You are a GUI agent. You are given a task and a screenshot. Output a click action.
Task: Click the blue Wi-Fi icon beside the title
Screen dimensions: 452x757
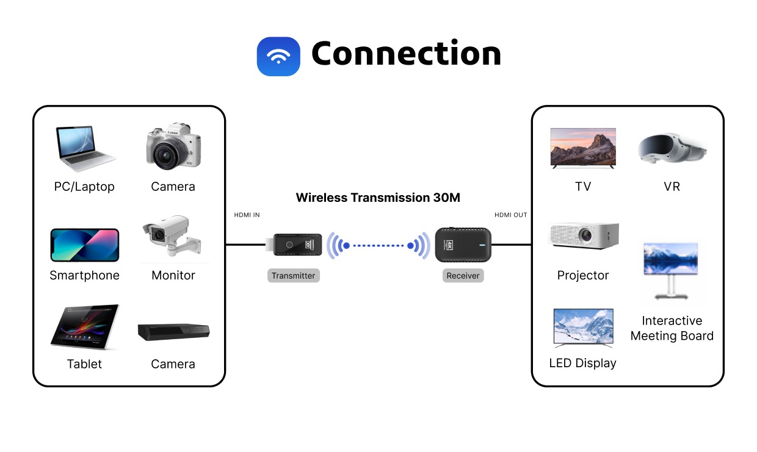[x=278, y=56]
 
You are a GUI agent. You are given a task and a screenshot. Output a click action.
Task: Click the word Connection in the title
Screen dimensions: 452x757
[x=406, y=54]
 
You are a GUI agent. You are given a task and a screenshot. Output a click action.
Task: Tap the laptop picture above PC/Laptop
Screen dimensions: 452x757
[x=85, y=149]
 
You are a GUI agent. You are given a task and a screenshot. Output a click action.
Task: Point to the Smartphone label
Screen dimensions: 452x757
[x=84, y=275]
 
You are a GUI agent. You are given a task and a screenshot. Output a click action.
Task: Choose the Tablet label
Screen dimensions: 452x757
[x=84, y=364]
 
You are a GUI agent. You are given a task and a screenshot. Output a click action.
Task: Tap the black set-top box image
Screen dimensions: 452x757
[x=173, y=331]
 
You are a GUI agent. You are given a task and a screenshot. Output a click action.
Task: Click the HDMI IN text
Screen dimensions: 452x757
[x=247, y=215]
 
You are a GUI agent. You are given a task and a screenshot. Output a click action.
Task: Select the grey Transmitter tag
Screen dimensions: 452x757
[x=293, y=276]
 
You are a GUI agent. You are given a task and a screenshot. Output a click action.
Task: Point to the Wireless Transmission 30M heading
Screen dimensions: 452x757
[x=378, y=198]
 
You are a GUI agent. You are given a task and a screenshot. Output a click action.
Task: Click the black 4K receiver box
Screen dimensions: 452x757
[x=463, y=245]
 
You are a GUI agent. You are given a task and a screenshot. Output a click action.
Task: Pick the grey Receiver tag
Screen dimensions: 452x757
[x=463, y=276]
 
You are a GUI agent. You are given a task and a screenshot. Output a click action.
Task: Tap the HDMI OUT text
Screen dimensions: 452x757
[x=510, y=215]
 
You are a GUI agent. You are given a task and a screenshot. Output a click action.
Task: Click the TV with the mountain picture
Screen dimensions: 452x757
[x=583, y=148]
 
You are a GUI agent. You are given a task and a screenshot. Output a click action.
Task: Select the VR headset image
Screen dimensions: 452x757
[x=672, y=148]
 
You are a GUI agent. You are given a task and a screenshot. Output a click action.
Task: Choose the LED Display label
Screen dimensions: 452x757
[x=582, y=363]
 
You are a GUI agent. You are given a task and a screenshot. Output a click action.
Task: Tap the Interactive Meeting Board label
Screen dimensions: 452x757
[x=672, y=328]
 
